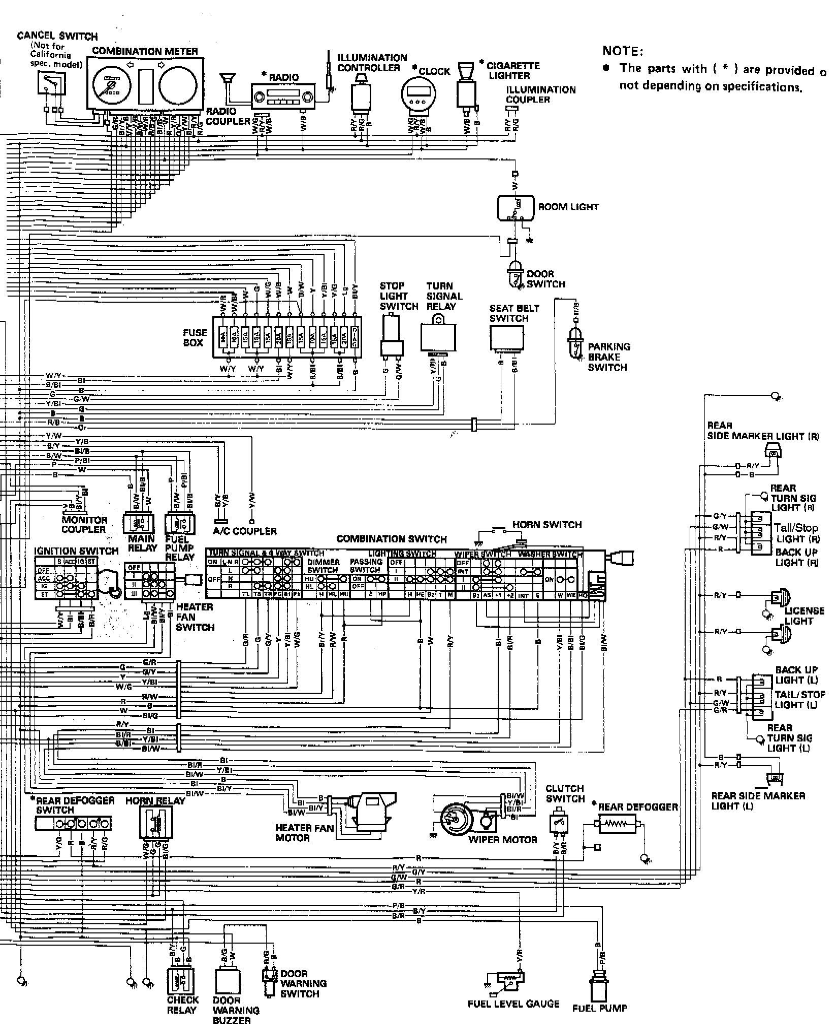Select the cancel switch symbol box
(x=51, y=83)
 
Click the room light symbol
(x=516, y=208)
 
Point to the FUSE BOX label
(x=195, y=338)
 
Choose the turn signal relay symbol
(x=438, y=336)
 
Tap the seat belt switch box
(x=506, y=338)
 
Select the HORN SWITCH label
(x=546, y=525)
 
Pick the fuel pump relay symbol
(x=180, y=523)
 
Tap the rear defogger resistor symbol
(x=617, y=823)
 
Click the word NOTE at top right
(x=622, y=51)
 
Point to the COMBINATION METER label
(x=145, y=51)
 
